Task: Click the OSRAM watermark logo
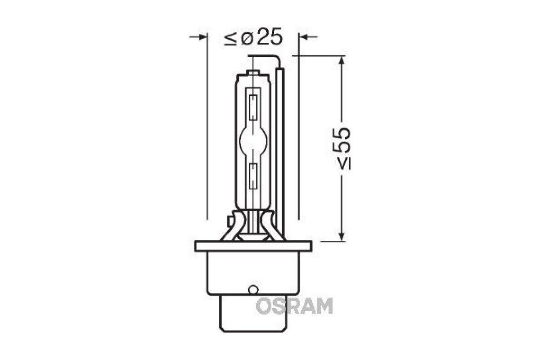pyautogui.click(x=294, y=306)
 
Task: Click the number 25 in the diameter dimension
pyautogui.click(x=269, y=36)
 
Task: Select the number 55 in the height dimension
pyautogui.click(x=342, y=140)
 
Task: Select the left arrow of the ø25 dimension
pyautogui.click(x=198, y=37)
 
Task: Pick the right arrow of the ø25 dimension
pyautogui.click(x=308, y=37)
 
